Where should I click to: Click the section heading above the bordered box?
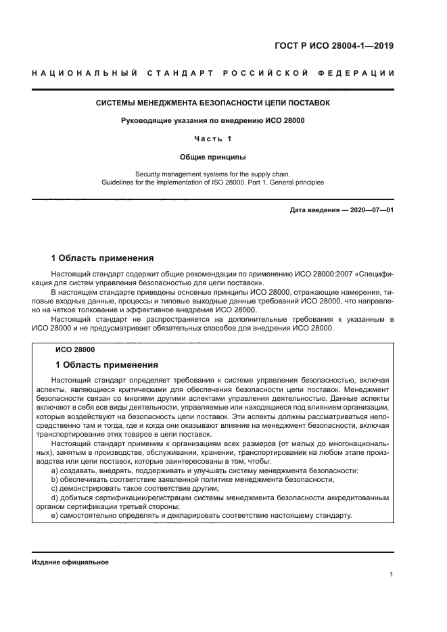click(x=103, y=258)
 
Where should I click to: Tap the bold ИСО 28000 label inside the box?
click(x=74, y=350)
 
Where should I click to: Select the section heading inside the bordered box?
click(x=106, y=364)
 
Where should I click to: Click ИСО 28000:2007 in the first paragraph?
click(x=321, y=274)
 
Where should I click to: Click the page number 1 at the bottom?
click(x=392, y=575)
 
